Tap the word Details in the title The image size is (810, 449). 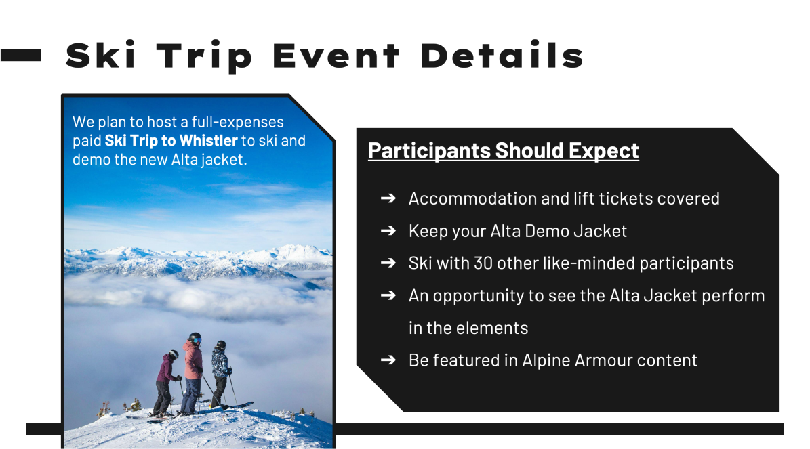click(502, 56)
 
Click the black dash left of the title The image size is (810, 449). click(21, 56)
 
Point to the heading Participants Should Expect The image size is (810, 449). click(503, 150)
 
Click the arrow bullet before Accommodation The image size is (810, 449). click(388, 198)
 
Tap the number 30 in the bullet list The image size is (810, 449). click(483, 263)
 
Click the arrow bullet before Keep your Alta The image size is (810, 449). click(388, 231)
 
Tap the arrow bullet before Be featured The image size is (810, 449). click(388, 360)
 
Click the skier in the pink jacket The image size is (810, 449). click(193, 369)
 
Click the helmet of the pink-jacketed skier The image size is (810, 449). click(195, 337)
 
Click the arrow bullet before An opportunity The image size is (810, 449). click(388, 296)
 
